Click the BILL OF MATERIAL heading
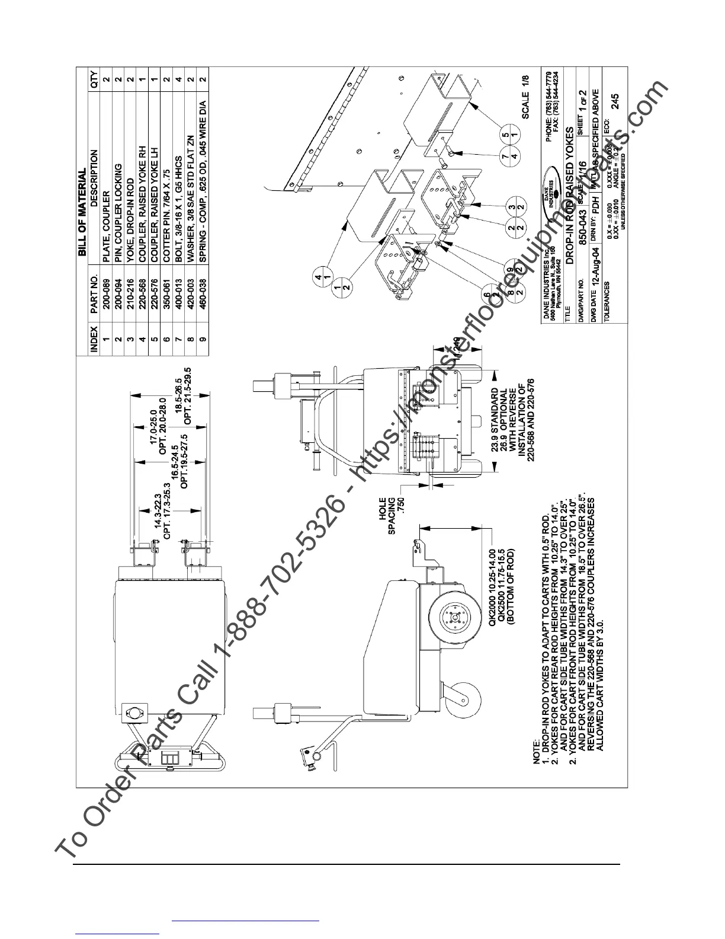point(82,213)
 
